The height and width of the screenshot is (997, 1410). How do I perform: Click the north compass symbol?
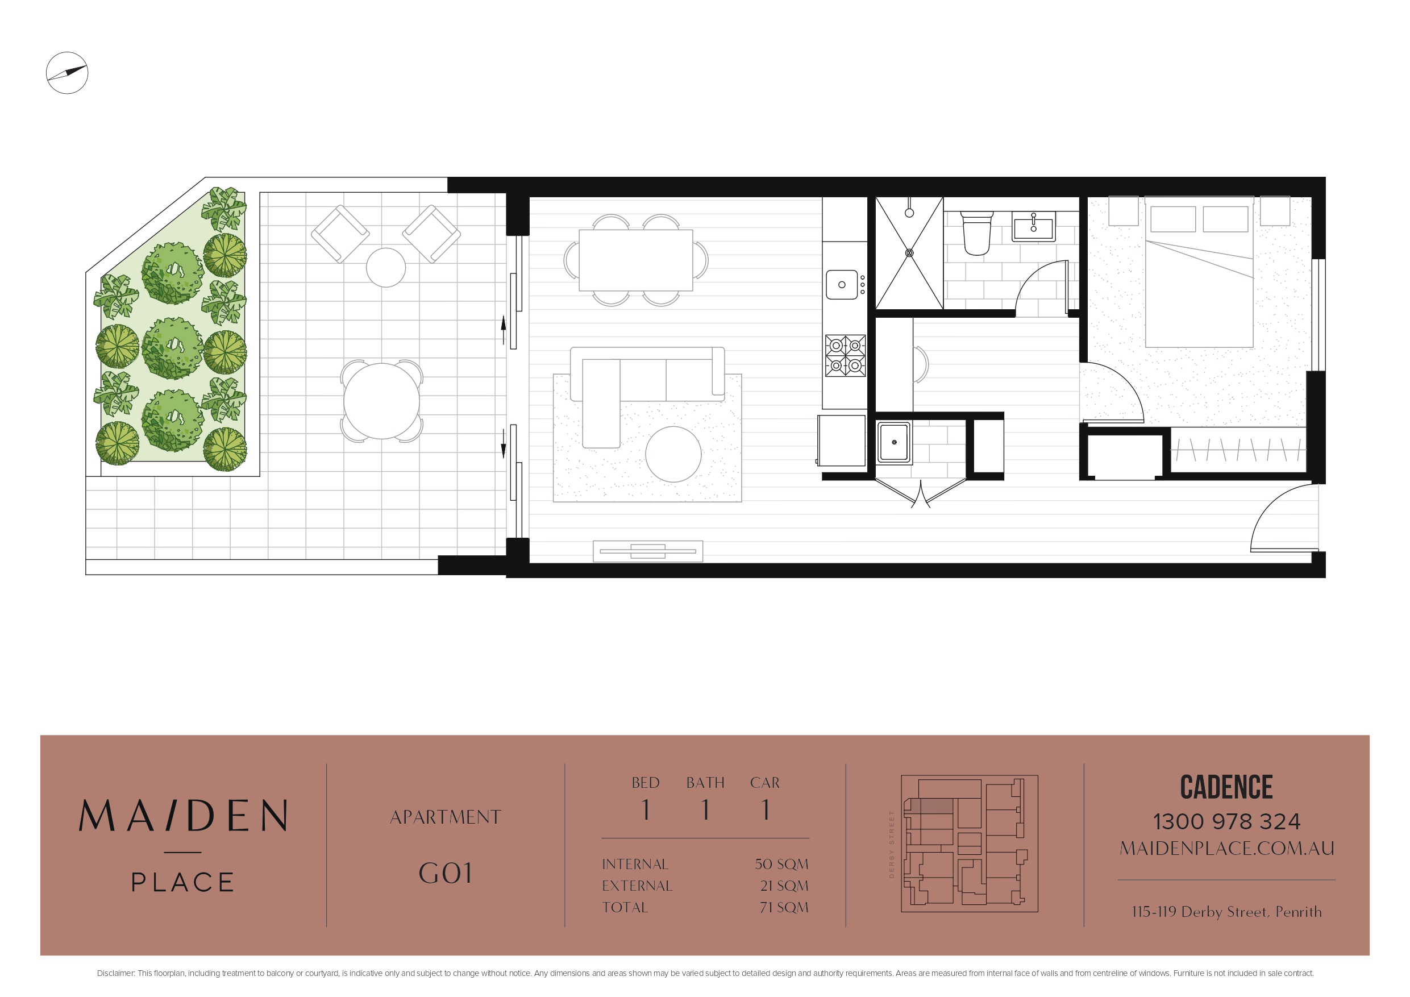[67, 73]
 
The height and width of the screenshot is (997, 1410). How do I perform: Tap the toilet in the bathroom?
[976, 233]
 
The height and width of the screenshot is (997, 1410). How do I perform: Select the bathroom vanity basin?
[1034, 226]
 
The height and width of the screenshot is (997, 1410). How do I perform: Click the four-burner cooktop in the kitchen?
[845, 355]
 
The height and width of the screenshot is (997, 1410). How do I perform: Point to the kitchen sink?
[842, 284]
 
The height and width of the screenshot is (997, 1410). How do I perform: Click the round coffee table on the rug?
[673, 454]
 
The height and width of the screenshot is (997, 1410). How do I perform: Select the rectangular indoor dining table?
[635, 260]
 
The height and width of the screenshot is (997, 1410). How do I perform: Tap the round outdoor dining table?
[381, 401]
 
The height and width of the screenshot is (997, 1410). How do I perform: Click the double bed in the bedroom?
[1199, 272]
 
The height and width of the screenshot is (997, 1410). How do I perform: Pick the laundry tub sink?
[893, 442]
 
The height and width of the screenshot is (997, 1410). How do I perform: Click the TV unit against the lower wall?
[648, 551]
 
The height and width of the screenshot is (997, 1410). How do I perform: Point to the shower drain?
[909, 252]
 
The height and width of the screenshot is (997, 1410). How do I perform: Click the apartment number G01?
[446, 873]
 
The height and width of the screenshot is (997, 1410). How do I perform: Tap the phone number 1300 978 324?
[1226, 821]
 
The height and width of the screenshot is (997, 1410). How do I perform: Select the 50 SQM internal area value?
[781, 863]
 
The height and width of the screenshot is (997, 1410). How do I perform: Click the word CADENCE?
[1226, 787]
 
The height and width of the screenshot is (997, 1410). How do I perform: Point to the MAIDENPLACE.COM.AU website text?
[1227, 848]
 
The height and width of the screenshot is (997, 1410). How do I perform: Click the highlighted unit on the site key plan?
[931, 807]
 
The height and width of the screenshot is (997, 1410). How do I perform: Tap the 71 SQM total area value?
[784, 907]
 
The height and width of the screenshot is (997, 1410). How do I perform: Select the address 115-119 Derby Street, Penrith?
[1226, 912]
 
